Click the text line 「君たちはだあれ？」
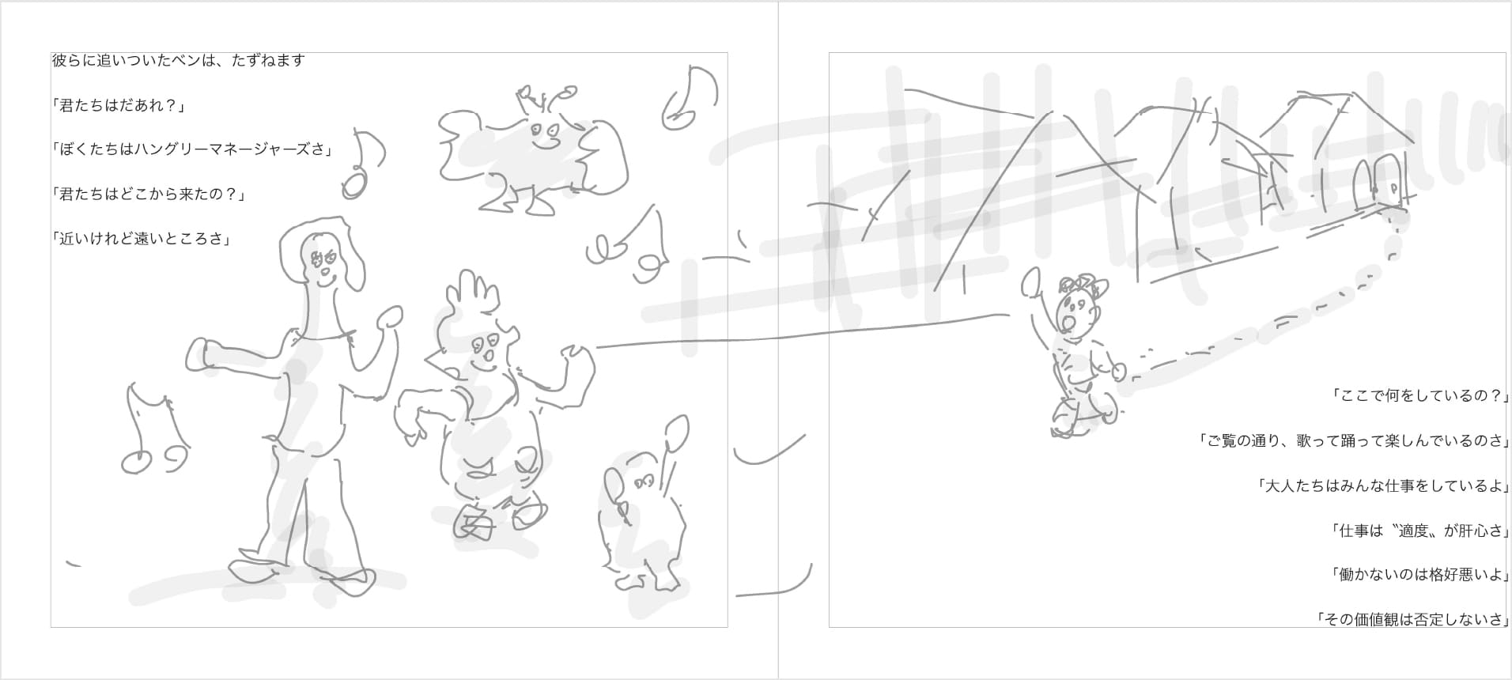coord(119,105)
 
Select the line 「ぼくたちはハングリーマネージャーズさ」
coord(192,149)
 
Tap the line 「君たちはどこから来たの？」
coord(149,194)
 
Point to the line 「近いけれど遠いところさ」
coord(142,238)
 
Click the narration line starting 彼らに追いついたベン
coord(179,60)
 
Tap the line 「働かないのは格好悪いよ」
coord(1419,575)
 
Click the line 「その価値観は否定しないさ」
coord(1412,620)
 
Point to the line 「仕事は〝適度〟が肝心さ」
coord(1419,531)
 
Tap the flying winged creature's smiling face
coord(544,137)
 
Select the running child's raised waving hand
coord(1031,281)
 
